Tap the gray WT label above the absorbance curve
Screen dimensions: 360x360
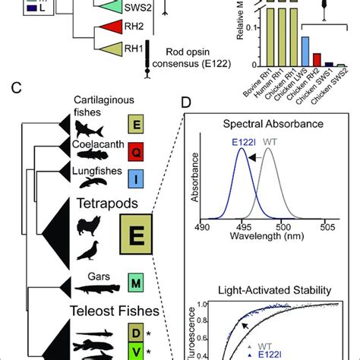(270, 140)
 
